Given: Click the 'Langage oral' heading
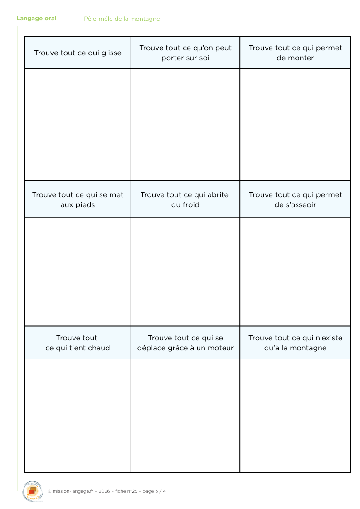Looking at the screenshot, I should (36, 19).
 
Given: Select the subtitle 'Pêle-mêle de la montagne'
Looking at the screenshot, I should (122, 19).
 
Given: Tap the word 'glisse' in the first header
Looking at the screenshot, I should (111, 53).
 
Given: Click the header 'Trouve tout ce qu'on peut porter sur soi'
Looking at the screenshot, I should (185, 53).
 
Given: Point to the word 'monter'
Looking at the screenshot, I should (295, 58).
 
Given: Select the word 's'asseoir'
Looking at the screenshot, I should (302, 205).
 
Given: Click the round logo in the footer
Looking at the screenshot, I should (33, 491).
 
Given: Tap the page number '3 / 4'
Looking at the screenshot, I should (161, 491).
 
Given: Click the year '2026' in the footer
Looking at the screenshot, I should (104, 491).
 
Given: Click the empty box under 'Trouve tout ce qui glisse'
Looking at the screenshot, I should (78, 125).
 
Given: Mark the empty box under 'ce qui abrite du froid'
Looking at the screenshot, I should (185, 271).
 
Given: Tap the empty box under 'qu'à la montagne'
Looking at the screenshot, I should (295, 416).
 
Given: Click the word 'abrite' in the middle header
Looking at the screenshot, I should (218, 195).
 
